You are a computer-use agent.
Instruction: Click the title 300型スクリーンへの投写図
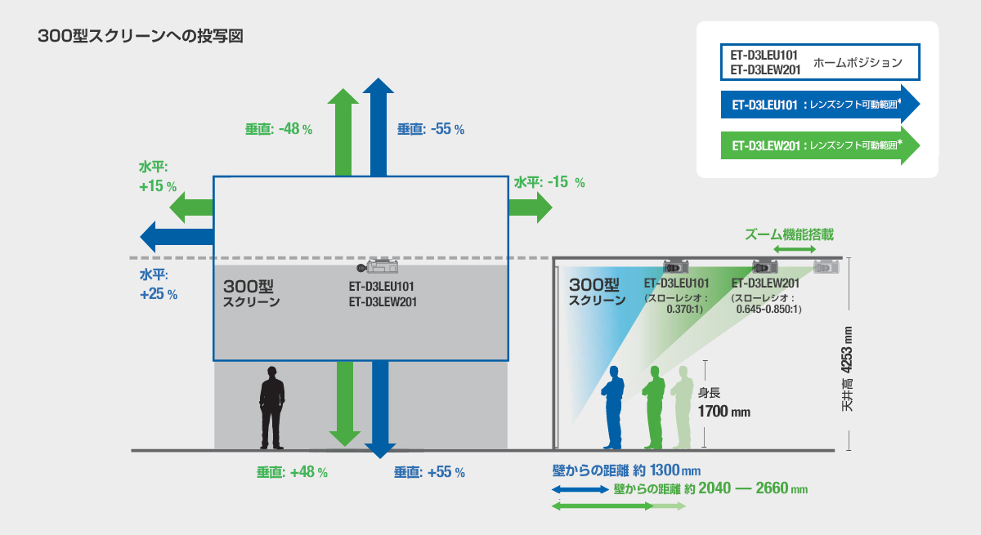click(x=141, y=37)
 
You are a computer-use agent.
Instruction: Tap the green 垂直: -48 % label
click(x=279, y=129)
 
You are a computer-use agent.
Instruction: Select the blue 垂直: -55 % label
click(x=431, y=129)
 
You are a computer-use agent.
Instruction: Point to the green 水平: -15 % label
click(x=549, y=183)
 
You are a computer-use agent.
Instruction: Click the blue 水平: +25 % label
click(x=158, y=283)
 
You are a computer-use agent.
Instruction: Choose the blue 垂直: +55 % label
click(x=429, y=472)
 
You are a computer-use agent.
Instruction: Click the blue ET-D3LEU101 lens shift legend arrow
click(x=820, y=105)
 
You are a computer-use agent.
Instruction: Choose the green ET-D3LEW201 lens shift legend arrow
click(x=820, y=146)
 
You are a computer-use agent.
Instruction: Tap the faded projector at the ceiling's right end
click(x=826, y=266)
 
